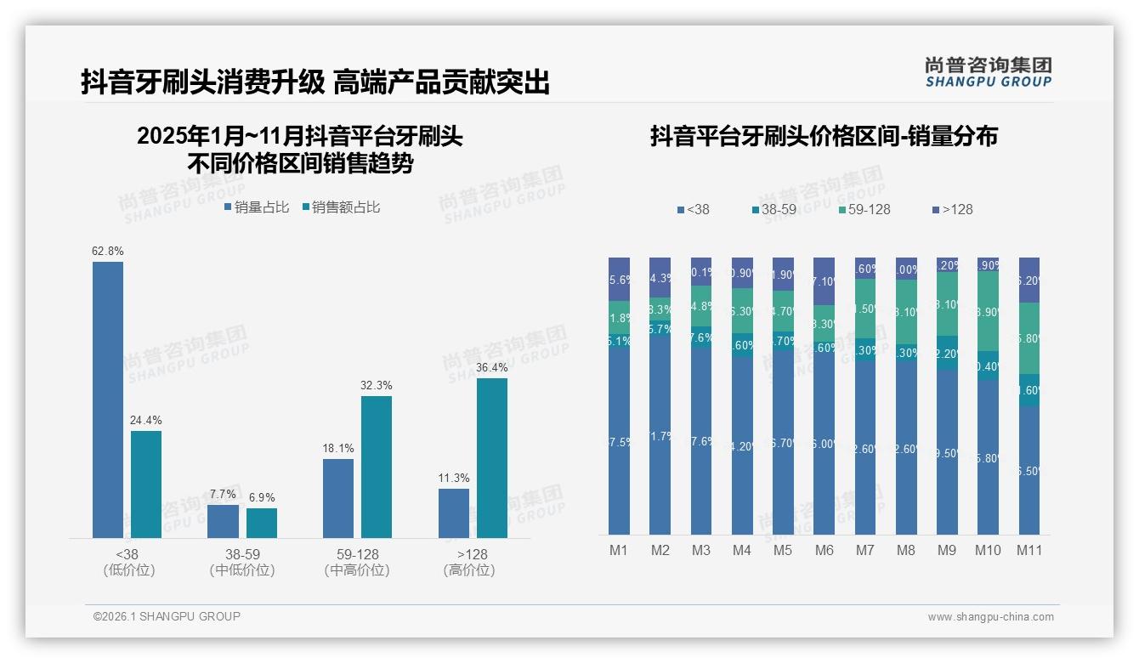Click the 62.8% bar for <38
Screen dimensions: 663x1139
point(108,399)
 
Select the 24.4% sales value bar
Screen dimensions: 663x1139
point(146,484)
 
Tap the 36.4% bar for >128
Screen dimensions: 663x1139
point(492,458)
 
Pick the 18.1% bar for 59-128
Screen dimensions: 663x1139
point(338,498)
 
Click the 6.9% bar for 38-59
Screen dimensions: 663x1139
point(262,523)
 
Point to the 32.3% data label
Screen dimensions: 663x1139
point(377,386)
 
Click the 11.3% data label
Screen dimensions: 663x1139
point(454,479)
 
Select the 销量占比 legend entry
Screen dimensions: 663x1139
point(257,207)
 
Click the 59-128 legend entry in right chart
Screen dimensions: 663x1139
point(864,209)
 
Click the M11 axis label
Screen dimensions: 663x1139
point(1029,550)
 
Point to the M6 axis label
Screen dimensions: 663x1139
point(824,550)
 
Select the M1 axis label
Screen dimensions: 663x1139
point(619,550)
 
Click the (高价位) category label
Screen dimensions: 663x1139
point(469,570)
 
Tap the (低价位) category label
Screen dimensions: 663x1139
point(129,570)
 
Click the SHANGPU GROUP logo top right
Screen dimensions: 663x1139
point(988,72)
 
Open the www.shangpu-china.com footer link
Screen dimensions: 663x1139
point(990,617)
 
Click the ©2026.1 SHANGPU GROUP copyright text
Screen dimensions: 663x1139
point(167,616)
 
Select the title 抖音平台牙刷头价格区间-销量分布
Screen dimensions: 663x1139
point(824,136)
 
